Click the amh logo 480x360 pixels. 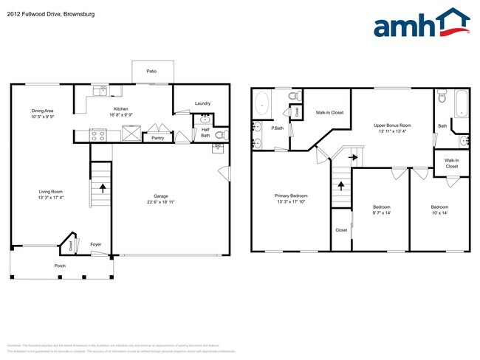(422, 24)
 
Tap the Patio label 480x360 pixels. (151, 72)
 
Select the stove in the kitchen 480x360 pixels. (99, 135)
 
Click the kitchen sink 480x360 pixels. (99, 92)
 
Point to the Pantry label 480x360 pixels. (157, 138)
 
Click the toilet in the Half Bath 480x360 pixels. (219, 134)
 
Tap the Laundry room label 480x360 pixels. (204, 103)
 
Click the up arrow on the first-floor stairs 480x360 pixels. (102, 188)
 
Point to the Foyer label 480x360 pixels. (96, 244)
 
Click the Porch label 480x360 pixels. (60, 266)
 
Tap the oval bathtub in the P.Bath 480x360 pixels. (262, 105)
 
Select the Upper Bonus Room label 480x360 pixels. (392, 125)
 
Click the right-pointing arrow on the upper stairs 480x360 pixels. (354, 156)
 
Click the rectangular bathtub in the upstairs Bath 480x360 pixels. (460, 104)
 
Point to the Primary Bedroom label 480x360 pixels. (292, 195)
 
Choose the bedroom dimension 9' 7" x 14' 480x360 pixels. (381, 213)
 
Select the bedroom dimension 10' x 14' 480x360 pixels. (439, 213)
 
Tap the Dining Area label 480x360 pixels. (42, 111)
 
